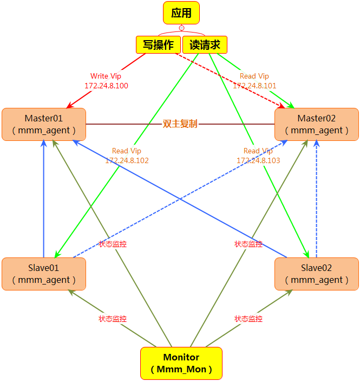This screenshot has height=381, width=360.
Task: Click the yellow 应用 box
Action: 181,13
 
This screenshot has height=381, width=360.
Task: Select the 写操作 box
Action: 158,45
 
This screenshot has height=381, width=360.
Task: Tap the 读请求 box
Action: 205,45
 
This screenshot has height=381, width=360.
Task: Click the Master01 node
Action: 44,124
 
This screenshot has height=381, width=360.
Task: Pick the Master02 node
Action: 317,124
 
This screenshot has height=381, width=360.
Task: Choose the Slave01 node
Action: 44,274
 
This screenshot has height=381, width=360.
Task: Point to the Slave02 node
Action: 317,274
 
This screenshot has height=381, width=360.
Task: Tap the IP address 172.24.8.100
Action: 106,86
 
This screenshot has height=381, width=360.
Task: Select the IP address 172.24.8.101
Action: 254,86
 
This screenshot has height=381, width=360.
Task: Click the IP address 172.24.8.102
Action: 127,160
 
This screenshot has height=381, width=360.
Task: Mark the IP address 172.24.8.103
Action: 258,160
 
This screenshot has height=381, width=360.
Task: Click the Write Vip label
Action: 106,76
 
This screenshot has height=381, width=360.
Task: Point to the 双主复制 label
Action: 180,124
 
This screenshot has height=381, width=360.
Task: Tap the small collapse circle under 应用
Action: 181,28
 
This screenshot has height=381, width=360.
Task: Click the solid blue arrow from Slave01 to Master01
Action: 44,201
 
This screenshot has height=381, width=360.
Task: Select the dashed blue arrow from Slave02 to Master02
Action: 317,201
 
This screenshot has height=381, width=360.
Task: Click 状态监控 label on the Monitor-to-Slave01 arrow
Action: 113,319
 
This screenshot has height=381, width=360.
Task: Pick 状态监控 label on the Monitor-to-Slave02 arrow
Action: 248,319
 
